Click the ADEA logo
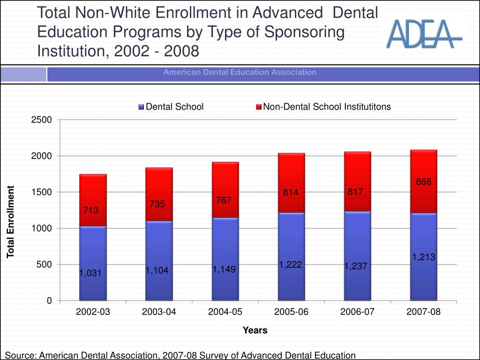pyautogui.click(x=424, y=34)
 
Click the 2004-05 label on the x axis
pyautogui.click(x=225, y=312)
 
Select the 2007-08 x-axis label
pyautogui.click(x=423, y=312)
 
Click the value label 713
pyautogui.click(x=91, y=210)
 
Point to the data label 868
pyautogui.click(x=423, y=182)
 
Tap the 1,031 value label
pyautogui.click(x=90, y=273)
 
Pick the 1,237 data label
pyautogui.click(x=355, y=266)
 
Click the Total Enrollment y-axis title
pyautogui.click(x=11, y=222)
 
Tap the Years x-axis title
pyautogui.click(x=255, y=330)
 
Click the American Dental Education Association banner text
pyautogui.click(x=240, y=72)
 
